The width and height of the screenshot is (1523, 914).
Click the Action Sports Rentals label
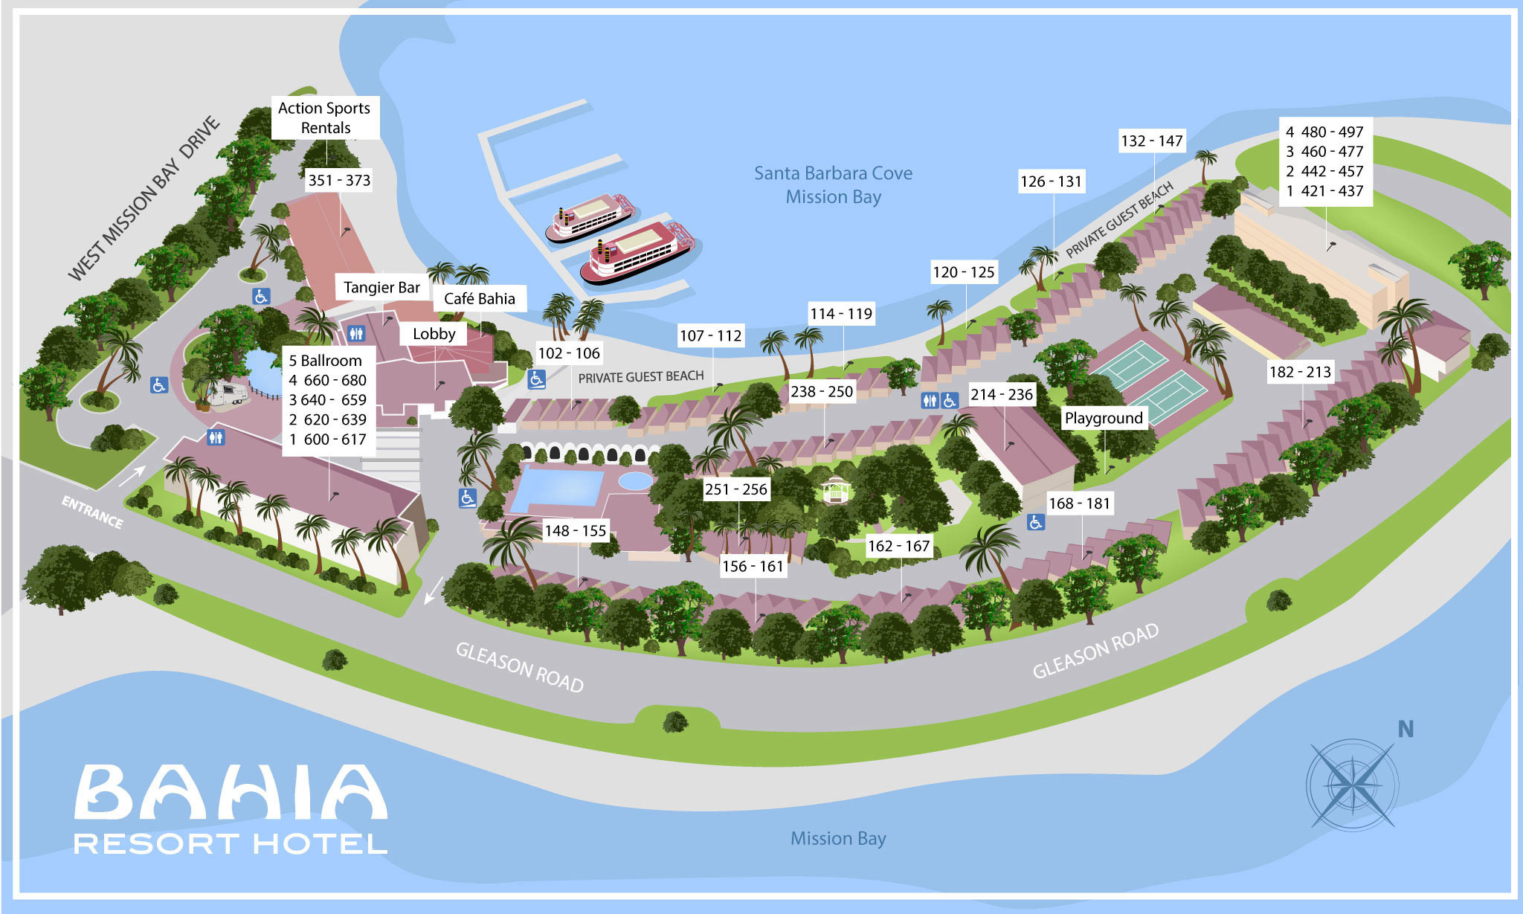pyautogui.click(x=325, y=118)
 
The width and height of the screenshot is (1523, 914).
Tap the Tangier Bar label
pyautogui.click(x=381, y=288)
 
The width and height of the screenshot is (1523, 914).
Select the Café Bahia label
pyautogui.click(x=479, y=298)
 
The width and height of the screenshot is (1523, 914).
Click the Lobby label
pyautogui.click(x=434, y=334)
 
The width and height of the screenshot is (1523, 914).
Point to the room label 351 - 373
pyautogui.click(x=339, y=180)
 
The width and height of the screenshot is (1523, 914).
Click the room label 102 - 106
pyautogui.click(x=569, y=353)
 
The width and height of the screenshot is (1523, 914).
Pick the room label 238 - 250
pyautogui.click(x=821, y=391)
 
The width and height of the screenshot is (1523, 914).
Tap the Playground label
pyautogui.click(x=1104, y=418)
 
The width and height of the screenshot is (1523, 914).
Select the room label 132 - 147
pyautogui.click(x=1151, y=141)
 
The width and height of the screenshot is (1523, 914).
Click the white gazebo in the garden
pyautogui.click(x=836, y=491)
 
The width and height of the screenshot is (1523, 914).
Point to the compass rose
pyautogui.click(x=1352, y=784)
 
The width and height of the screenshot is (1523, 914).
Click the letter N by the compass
pyautogui.click(x=1405, y=730)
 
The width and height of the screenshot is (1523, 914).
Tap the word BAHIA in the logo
pyautogui.click(x=231, y=792)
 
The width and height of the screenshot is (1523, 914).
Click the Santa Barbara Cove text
pyautogui.click(x=833, y=173)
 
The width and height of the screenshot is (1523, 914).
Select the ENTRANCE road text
pyautogui.click(x=92, y=512)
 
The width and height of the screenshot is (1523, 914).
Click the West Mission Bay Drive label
pyautogui.click(x=144, y=199)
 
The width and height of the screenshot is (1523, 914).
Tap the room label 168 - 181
pyautogui.click(x=1078, y=503)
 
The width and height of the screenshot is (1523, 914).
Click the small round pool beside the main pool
pyautogui.click(x=634, y=480)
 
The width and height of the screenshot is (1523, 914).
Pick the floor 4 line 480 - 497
pyautogui.click(x=1324, y=132)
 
